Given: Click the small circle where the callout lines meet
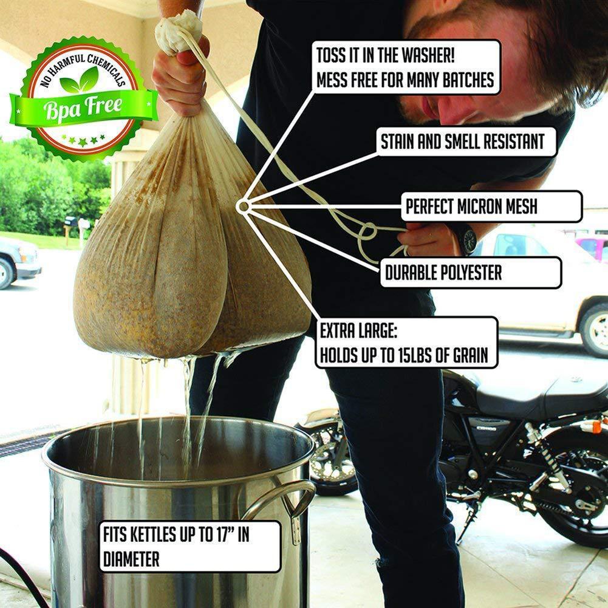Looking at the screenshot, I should tap(244, 207).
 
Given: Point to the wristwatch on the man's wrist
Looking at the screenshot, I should tap(466, 238).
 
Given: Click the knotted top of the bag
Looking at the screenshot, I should tap(179, 30).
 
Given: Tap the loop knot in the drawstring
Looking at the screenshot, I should tap(367, 233).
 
